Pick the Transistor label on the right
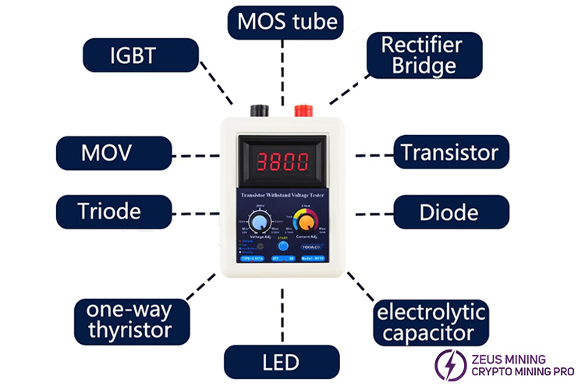click(x=451, y=152)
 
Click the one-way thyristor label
click(x=133, y=321)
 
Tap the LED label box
click(x=282, y=363)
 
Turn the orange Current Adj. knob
click(x=307, y=222)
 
